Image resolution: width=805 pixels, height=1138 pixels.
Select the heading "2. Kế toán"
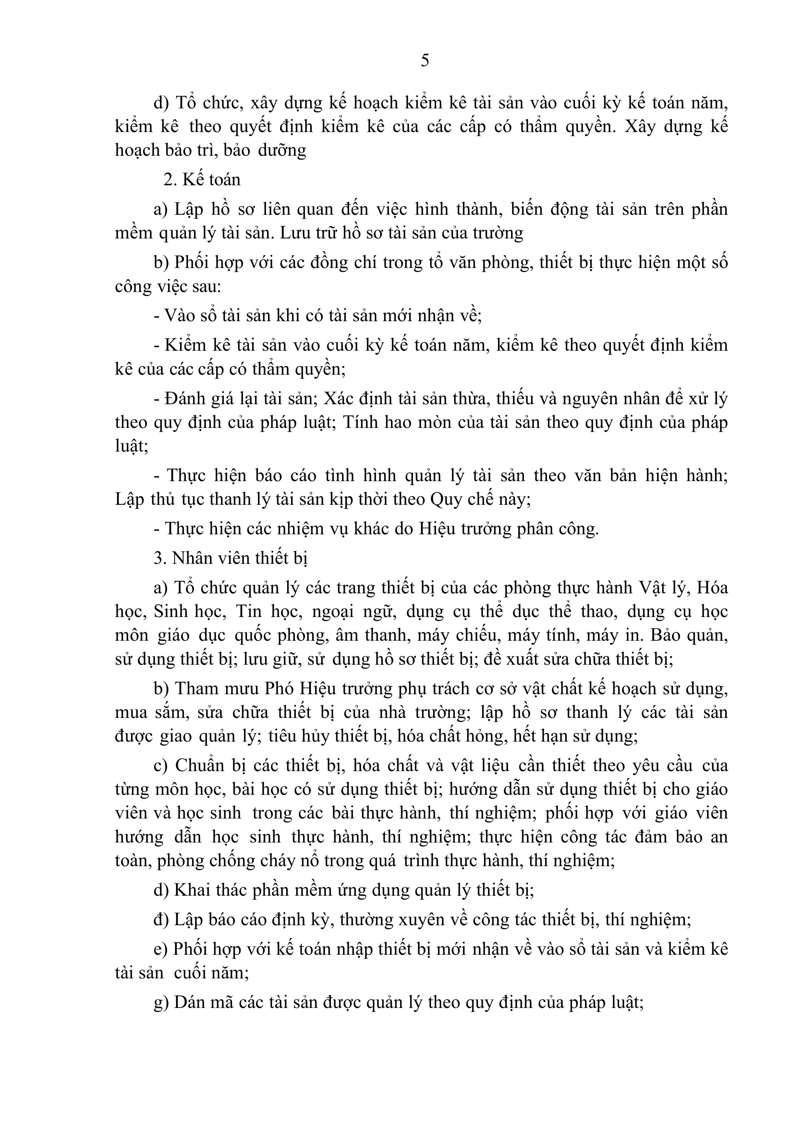[x=202, y=179]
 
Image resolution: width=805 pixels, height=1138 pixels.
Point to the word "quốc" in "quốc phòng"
[x=252, y=636]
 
